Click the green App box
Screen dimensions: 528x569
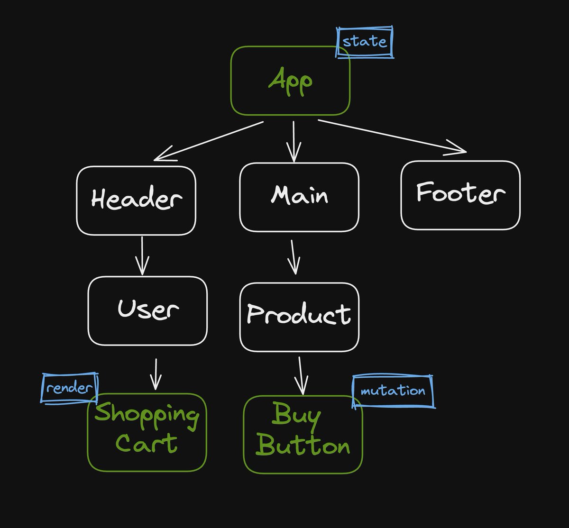pyautogui.click(x=290, y=81)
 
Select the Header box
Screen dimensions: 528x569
pyautogui.click(x=136, y=200)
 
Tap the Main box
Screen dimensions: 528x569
pyautogui.click(x=299, y=197)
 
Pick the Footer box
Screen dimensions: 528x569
pyautogui.click(x=460, y=195)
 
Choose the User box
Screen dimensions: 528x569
pyautogui.click(x=147, y=310)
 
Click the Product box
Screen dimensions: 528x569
pyautogui.click(x=299, y=316)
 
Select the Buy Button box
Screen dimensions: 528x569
pyautogui.click(x=303, y=434)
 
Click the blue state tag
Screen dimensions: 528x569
pyautogui.click(x=365, y=42)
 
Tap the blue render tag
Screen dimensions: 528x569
pyautogui.click(x=69, y=388)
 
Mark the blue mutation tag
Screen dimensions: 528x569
pyautogui.click(x=393, y=391)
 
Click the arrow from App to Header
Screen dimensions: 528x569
pyautogui.click(x=209, y=141)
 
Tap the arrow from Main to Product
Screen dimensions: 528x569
pyautogui.click(x=294, y=256)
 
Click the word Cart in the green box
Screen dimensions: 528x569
pyautogui.click(x=146, y=444)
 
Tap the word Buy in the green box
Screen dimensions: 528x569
pyautogui.click(x=297, y=416)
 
